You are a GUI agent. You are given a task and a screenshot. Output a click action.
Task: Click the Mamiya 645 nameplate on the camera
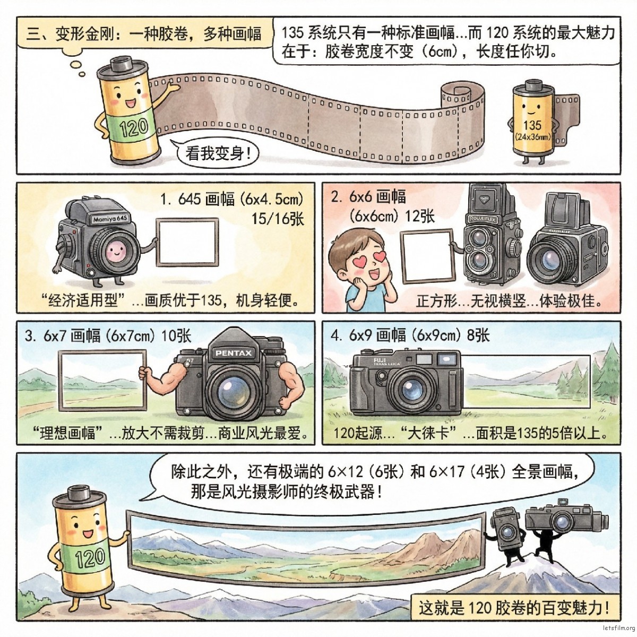point(110,219)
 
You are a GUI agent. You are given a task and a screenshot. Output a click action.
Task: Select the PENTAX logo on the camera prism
point(234,353)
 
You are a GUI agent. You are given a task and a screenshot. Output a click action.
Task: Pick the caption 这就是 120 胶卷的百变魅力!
point(512,607)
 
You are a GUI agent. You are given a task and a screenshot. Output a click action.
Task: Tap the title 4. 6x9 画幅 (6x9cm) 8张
point(410,335)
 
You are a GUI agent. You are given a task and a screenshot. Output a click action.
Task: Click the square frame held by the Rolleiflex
point(428,256)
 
